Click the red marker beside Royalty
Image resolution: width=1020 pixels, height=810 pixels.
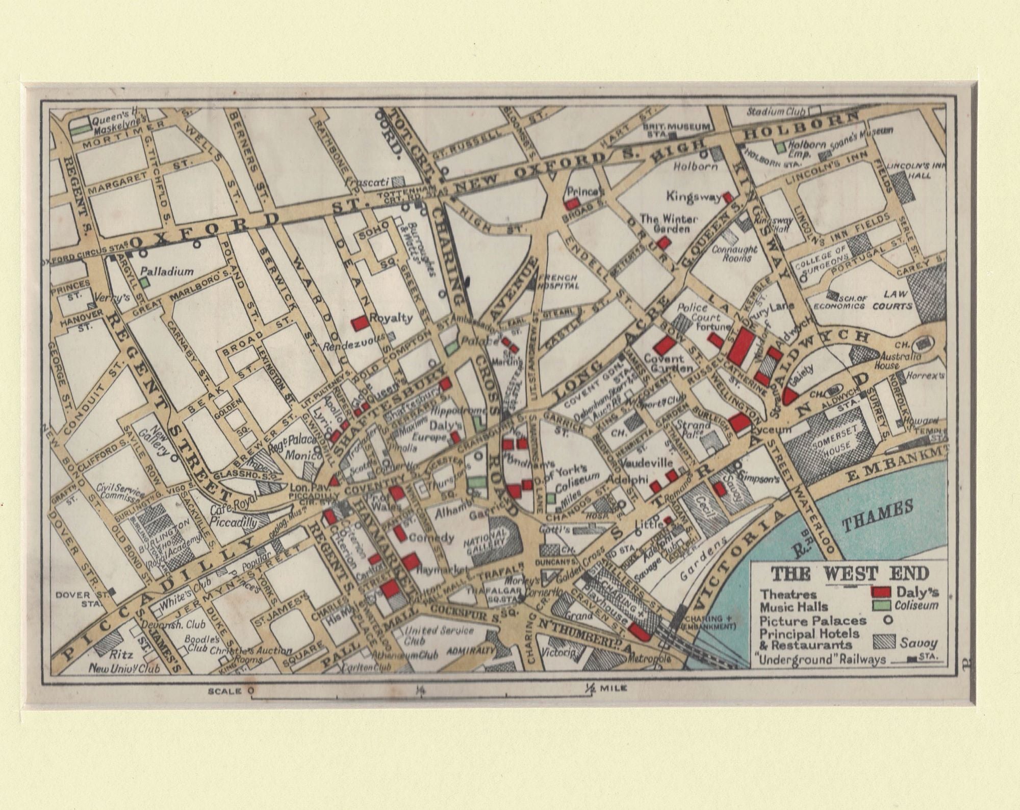pyautogui.click(x=360, y=324)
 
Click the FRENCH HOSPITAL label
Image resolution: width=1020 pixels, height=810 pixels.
pyautogui.click(x=558, y=281)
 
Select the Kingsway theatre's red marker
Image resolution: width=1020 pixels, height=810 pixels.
pyautogui.click(x=728, y=197)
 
